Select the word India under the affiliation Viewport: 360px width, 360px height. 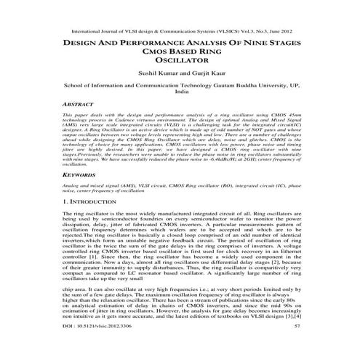[x=182, y=93]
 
